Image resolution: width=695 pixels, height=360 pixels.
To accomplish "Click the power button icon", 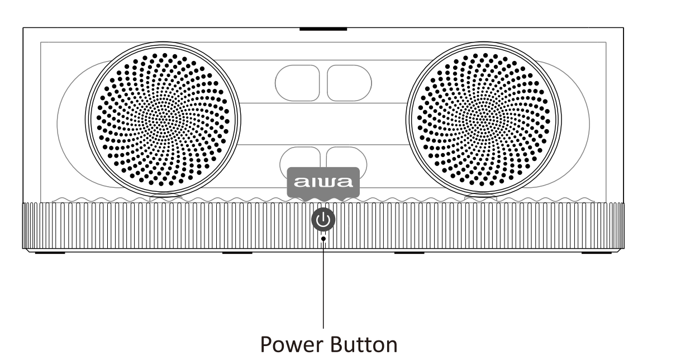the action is (323, 220).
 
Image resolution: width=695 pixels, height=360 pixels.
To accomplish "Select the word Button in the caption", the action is (363, 344).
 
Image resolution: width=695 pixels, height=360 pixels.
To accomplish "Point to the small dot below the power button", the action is (323, 239).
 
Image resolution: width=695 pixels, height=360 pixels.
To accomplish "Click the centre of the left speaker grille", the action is (163, 120).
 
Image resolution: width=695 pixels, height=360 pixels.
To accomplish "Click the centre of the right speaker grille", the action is (483, 120).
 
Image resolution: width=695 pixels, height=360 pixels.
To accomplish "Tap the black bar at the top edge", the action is (323, 29).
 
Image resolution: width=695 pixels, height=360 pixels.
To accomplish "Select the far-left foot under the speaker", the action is (50, 253).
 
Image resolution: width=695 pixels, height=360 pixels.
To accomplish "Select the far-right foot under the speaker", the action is (596, 253).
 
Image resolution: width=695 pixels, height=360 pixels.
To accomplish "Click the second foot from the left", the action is (237, 253).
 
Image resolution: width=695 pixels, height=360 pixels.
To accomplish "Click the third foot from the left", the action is (409, 253).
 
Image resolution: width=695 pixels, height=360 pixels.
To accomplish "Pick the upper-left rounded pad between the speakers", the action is (297, 83).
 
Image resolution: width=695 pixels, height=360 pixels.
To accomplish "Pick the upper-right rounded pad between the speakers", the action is (349, 83).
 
